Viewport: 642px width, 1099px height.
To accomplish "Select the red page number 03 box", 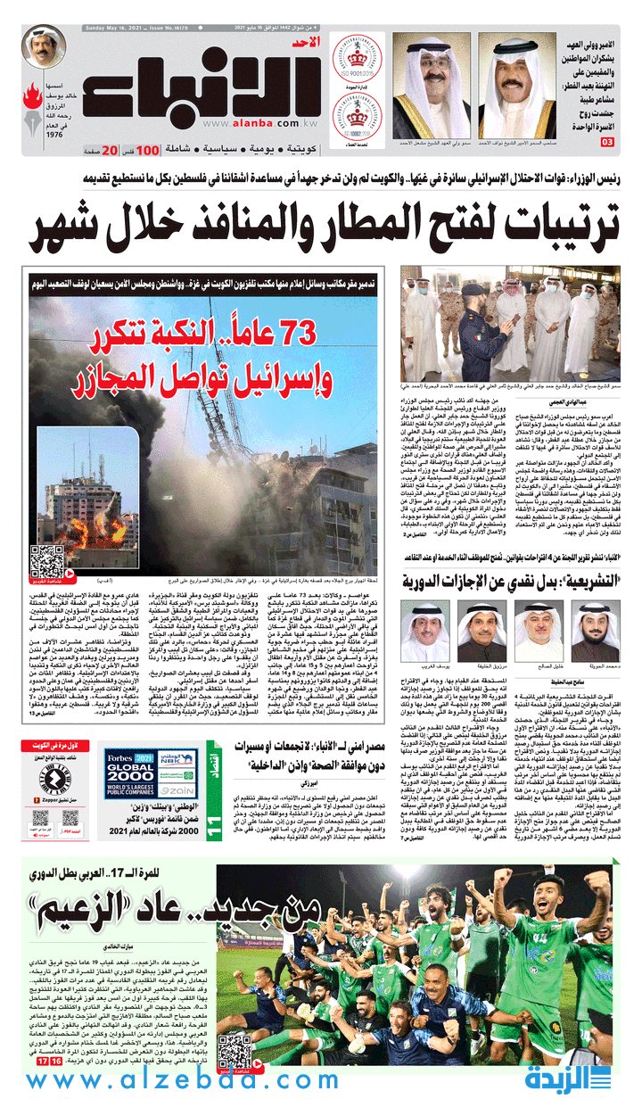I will [607, 143].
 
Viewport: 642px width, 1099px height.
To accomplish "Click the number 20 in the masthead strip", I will [109, 150].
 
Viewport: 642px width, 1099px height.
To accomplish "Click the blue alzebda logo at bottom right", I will [580, 1078].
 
